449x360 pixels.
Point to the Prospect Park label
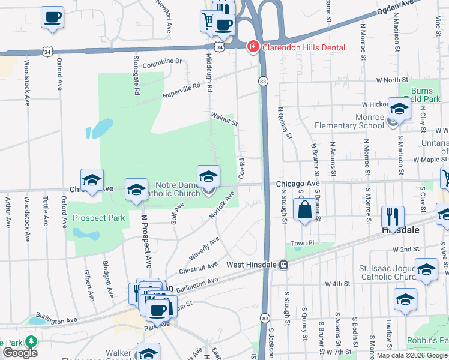pyautogui.click(x=99, y=218)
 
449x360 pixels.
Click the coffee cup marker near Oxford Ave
pyautogui.click(x=52, y=16)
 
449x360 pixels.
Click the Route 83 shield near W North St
pyautogui.click(x=263, y=81)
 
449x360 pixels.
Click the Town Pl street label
pyautogui.click(x=303, y=243)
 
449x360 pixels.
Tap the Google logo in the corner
pyautogui.click(x=20, y=353)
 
